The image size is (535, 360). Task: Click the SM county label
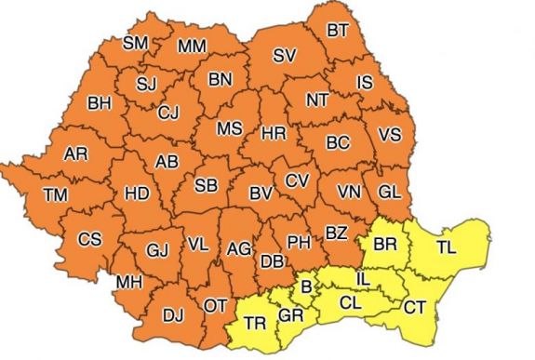[x=136, y=43]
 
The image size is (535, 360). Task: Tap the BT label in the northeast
[x=338, y=31]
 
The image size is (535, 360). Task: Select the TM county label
[x=55, y=194]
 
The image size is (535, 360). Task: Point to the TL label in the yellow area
[x=447, y=248]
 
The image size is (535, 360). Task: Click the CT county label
[x=415, y=307]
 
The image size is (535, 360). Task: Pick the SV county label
[x=285, y=55]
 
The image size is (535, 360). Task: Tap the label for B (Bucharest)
[x=304, y=285]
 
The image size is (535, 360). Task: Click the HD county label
[x=137, y=193]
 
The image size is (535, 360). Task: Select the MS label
[x=230, y=127]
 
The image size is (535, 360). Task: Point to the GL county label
[x=390, y=192]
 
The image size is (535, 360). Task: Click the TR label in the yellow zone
[x=255, y=324]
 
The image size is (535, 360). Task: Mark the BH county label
[x=98, y=103]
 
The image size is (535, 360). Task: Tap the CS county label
[x=89, y=239]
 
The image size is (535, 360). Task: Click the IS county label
[x=365, y=84]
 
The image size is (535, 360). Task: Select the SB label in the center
[x=207, y=185]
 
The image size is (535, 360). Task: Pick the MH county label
[x=128, y=282]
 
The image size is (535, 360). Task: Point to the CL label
[x=350, y=302]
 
